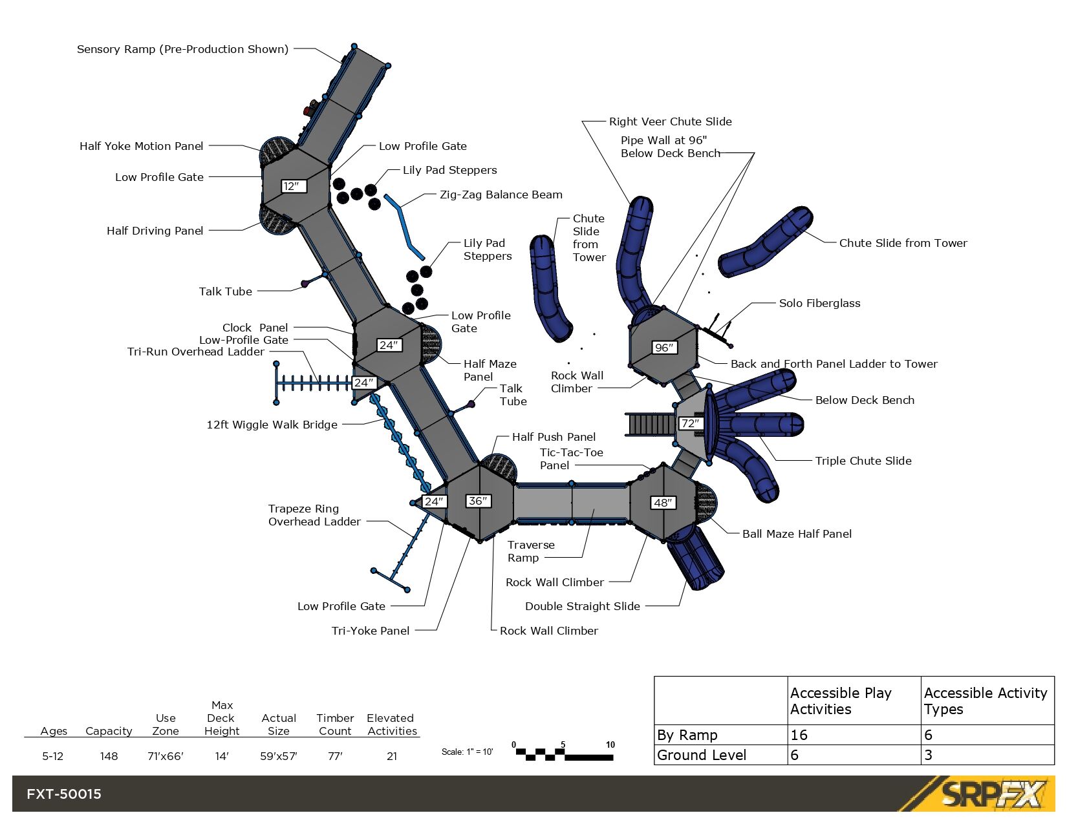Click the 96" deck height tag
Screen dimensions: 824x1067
click(x=664, y=348)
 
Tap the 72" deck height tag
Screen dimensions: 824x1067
click(x=690, y=423)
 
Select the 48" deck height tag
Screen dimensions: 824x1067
click(x=663, y=503)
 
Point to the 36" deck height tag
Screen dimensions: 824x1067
click(x=479, y=501)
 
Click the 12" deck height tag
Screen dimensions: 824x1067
click(x=293, y=186)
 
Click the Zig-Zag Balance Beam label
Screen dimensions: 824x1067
click(x=501, y=195)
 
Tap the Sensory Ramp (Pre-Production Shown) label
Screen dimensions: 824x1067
click(x=182, y=49)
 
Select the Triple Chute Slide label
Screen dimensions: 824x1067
click(x=863, y=461)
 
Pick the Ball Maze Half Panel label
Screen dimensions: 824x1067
click(x=797, y=534)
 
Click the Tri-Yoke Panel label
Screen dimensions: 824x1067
click(x=370, y=631)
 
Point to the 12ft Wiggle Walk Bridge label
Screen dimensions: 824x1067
click(x=272, y=425)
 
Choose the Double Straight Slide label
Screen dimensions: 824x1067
click(x=582, y=606)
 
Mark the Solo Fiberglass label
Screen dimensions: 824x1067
click(x=819, y=303)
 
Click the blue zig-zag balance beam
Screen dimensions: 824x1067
click(x=404, y=226)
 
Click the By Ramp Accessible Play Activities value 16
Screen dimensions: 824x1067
click(x=799, y=735)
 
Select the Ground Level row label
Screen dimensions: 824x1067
click(x=702, y=755)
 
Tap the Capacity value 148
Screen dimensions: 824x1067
click(x=109, y=756)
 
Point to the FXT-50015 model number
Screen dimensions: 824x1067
click(x=64, y=794)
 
